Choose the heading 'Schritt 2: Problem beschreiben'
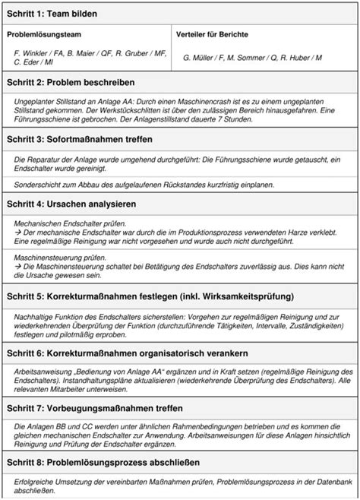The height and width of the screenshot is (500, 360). click(x=71, y=81)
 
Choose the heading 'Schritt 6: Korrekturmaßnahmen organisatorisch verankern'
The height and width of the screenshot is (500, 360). click(x=129, y=352)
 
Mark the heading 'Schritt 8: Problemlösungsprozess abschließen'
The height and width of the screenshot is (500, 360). click(x=103, y=463)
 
